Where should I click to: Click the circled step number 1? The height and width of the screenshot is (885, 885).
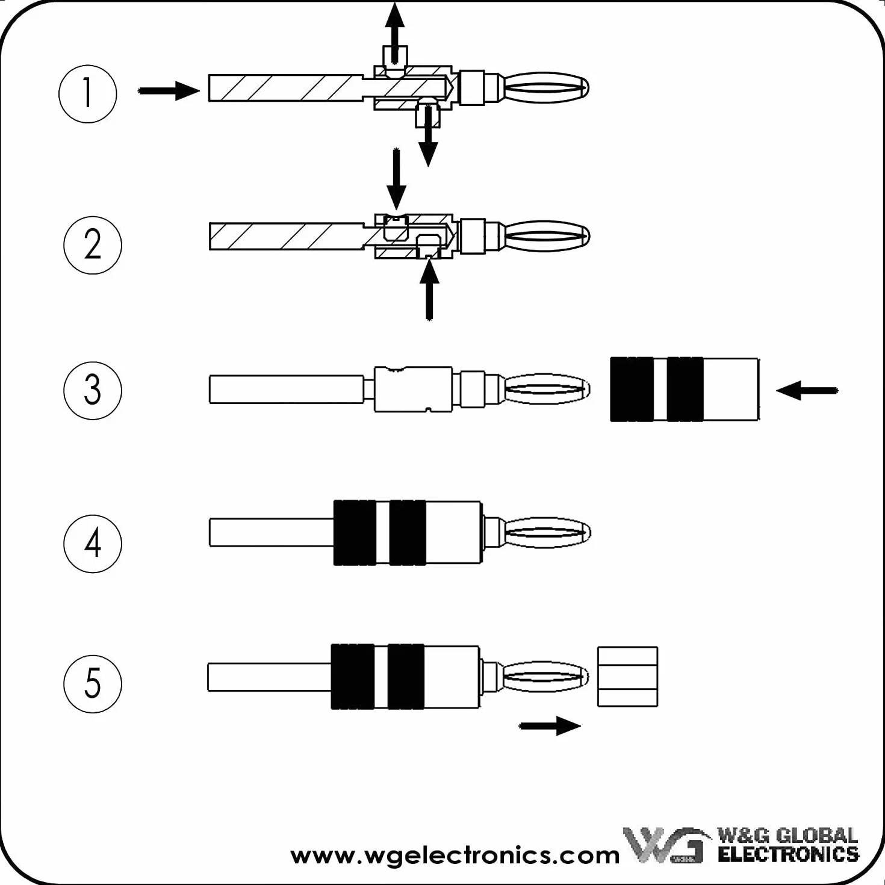tap(88, 94)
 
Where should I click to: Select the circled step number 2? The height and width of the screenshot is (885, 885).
tap(92, 245)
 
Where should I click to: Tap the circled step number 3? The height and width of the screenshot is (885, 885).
tap(92, 390)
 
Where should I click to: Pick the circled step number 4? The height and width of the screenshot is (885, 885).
tap(92, 543)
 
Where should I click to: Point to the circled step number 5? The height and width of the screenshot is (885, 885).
tap(92, 684)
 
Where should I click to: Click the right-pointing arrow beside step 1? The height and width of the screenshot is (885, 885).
tap(169, 91)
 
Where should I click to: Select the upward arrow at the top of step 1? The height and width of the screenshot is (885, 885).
tap(394, 32)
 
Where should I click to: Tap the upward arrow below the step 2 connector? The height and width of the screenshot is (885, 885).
tap(429, 290)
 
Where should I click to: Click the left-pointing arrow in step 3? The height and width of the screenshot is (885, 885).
tap(807, 390)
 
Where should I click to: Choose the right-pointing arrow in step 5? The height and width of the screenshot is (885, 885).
tap(550, 725)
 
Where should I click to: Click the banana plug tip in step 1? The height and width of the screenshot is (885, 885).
tap(546, 88)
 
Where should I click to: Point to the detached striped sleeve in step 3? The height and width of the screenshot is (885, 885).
tap(685, 389)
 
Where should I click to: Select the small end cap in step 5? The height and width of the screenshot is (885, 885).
tap(627, 677)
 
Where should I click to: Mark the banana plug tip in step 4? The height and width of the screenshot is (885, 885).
tap(547, 532)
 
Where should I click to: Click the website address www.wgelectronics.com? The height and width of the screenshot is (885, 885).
tap(455, 855)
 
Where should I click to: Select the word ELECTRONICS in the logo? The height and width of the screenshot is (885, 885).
tap(788, 855)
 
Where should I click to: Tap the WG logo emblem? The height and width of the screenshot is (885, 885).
tap(663, 845)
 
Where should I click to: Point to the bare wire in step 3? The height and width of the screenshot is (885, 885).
tap(287, 390)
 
